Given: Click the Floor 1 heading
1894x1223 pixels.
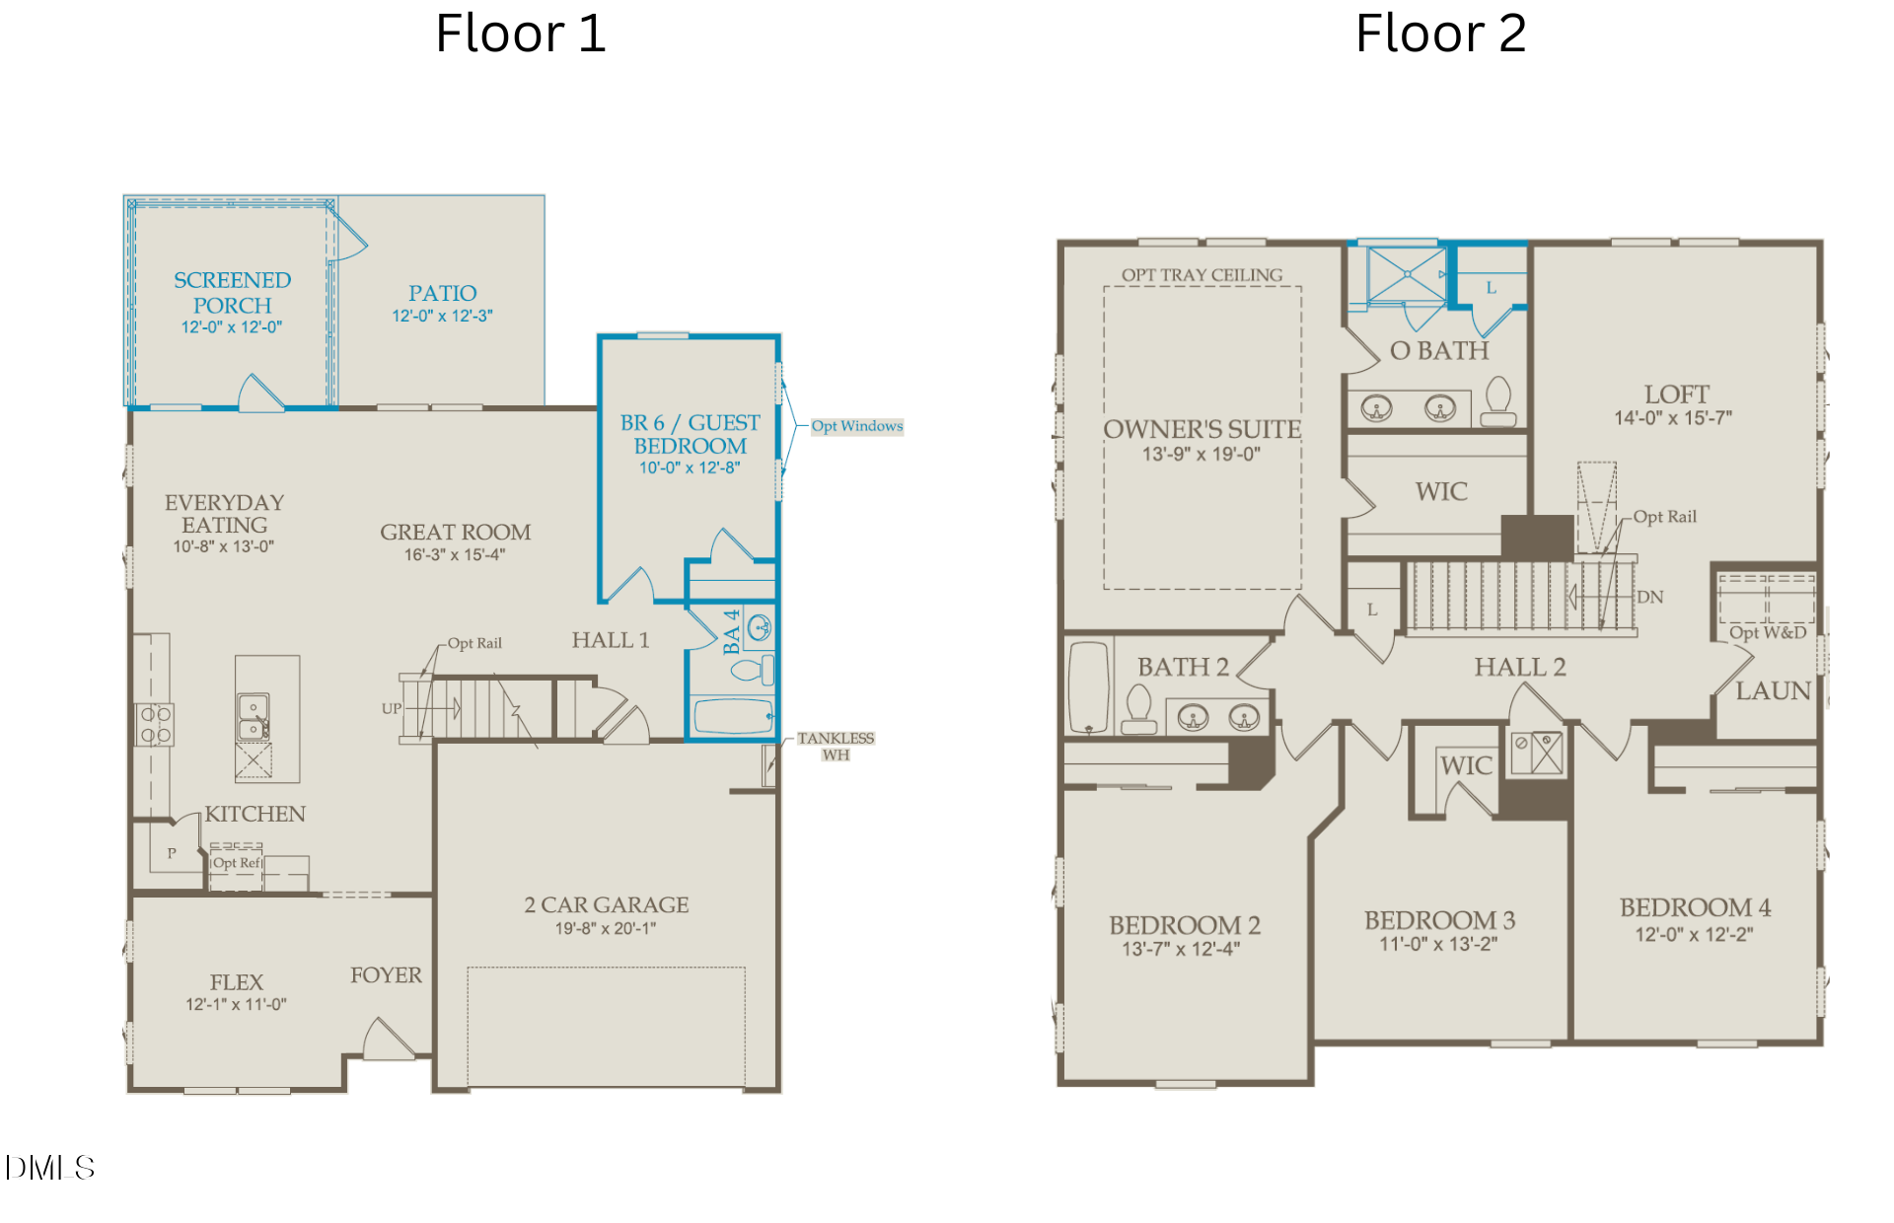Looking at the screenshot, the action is click(521, 34).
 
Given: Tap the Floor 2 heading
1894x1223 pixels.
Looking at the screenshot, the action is click(1441, 34).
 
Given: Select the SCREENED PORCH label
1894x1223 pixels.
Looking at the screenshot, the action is click(232, 293).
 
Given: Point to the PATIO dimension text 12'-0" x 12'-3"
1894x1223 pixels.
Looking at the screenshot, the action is click(442, 316).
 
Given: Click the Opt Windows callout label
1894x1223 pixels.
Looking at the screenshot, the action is click(857, 426).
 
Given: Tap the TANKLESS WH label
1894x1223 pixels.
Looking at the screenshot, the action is click(836, 746).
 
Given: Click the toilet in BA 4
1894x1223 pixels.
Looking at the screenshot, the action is click(752, 671).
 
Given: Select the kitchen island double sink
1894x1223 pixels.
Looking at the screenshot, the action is click(254, 717).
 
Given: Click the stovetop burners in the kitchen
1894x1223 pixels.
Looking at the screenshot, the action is click(155, 724).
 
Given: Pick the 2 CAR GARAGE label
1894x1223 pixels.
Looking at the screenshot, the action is click(607, 904).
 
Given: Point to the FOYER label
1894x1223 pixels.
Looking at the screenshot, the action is click(386, 974).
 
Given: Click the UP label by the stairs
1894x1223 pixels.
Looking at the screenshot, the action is click(392, 708).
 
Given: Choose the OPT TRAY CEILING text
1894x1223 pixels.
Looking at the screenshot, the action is click(1202, 274).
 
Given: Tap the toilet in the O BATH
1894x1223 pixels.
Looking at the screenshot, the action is click(1498, 401).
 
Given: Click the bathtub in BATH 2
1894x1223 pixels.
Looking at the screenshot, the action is click(1089, 687).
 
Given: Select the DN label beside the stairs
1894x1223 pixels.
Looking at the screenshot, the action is click(1649, 597).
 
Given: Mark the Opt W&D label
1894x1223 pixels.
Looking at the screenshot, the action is click(1768, 632).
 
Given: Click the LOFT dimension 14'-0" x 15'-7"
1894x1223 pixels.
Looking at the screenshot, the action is click(1673, 418).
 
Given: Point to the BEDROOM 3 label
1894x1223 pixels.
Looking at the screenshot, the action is click(1439, 919).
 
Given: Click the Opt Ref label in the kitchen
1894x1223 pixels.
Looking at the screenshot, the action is click(237, 862).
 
